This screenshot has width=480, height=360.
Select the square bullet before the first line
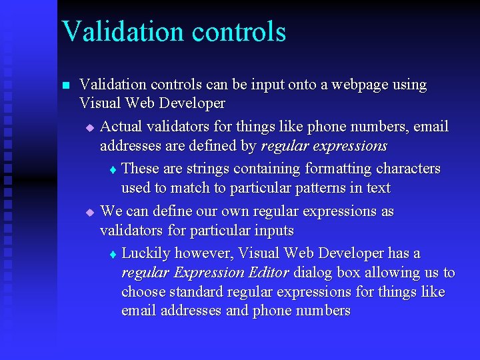[x=65, y=86]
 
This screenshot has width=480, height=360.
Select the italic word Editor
[x=268, y=272]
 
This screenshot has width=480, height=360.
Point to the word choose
[x=143, y=292]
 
